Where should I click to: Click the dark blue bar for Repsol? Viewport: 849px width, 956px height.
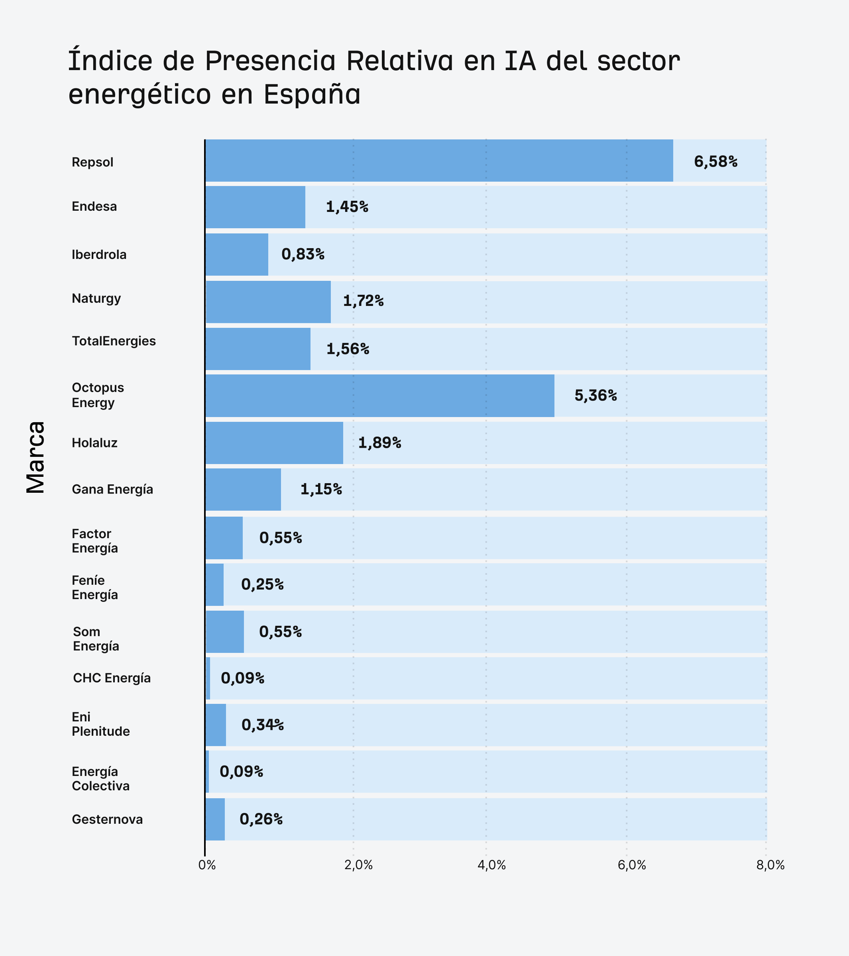439,161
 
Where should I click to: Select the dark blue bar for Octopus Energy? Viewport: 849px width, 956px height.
379,396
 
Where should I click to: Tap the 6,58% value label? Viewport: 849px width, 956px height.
715,162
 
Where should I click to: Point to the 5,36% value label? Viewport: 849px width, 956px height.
595,396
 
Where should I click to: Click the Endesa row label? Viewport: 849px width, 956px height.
94,207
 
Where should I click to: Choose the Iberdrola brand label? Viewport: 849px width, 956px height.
99,255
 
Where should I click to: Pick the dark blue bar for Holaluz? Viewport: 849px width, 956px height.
274,443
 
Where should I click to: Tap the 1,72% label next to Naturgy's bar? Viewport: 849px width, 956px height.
363,301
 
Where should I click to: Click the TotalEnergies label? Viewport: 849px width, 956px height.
114,341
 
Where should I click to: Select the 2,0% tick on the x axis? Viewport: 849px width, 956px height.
358,865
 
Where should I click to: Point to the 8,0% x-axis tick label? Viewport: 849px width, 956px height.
770,865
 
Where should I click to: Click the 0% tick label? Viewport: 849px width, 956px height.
207,865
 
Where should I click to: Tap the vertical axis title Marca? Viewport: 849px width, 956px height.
35,457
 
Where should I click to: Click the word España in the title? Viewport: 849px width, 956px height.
312,94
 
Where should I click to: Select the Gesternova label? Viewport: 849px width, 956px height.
107,819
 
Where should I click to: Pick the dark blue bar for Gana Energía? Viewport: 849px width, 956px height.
243,490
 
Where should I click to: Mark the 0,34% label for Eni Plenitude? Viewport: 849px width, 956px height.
263,725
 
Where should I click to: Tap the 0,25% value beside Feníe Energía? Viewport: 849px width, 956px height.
262,585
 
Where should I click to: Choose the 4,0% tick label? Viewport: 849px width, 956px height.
491,865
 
